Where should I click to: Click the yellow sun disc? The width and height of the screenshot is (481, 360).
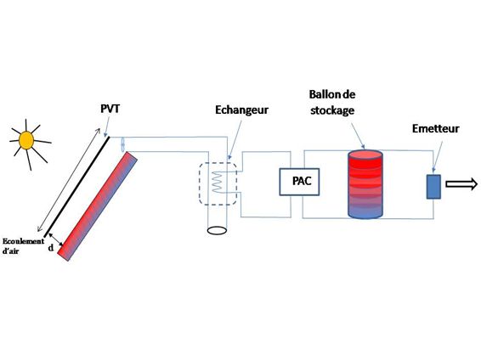pos(26,140)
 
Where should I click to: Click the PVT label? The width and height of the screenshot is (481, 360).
pos(110,109)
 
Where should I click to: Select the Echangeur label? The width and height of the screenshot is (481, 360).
pos(241,110)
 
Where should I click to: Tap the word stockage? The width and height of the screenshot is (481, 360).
pos(332,110)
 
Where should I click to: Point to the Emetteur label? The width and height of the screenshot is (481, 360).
pos(435,128)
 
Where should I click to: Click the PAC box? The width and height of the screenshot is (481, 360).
pos(299,182)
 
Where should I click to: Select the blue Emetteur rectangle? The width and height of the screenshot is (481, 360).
pos(433,187)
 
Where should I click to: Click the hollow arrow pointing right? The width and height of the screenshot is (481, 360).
pos(461,184)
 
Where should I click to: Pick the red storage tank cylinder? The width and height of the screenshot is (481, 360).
pos(365,184)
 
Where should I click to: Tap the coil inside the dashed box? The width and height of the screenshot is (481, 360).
pos(218,182)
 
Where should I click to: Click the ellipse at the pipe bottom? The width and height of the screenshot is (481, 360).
pos(217,230)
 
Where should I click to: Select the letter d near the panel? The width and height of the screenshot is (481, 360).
pos(51,247)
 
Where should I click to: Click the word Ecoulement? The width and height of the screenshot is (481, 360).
pos(23,241)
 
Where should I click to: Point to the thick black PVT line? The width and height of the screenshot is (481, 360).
pos(76,187)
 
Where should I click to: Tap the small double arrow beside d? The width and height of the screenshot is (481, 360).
pos(56,239)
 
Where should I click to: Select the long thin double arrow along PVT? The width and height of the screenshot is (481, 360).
pos(68,180)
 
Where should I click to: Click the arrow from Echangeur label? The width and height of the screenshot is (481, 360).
pos(235,140)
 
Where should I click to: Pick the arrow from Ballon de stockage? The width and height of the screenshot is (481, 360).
pos(358,136)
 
